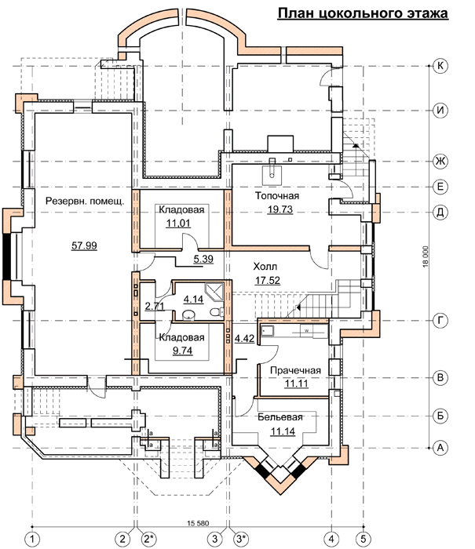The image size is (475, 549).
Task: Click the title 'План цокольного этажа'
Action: pos(363,13)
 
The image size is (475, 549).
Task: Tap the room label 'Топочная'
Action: pos(277,195)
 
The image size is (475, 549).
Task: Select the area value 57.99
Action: pos(84,245)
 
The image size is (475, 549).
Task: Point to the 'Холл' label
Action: pos(265,267)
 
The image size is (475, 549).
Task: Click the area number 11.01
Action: pos(178,223)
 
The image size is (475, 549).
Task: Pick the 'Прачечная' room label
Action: pos(295,370)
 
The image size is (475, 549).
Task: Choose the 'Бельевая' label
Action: pos(280,417)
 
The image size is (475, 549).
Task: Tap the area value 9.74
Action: pos(183,351)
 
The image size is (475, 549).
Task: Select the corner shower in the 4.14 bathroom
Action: pos(214,291)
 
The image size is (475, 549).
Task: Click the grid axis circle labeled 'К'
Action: pos(440,66)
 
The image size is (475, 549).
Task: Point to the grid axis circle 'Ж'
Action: pos(440,161)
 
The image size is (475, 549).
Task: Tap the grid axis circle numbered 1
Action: pos(33,539)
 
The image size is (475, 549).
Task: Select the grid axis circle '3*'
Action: pos(240,539)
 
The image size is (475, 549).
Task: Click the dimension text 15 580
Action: pos(198,523)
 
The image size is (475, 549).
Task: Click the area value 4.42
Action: pos(244,339)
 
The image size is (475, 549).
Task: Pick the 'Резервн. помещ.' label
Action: pos(85,202)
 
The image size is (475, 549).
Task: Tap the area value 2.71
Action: pos(155,307)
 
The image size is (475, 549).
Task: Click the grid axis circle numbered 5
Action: pos(364,539)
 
